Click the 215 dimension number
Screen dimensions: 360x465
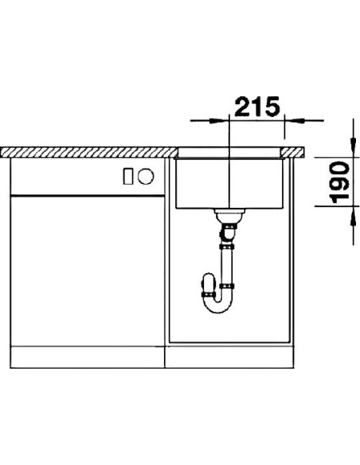coord(257,106)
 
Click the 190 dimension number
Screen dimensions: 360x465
coord(340,182)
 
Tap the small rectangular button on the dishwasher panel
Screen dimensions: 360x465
coord(128,176)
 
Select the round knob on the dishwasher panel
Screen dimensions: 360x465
coord(146,176)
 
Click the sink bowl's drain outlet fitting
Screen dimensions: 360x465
coord(230,215)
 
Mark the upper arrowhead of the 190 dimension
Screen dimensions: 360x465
coord(353,145)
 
